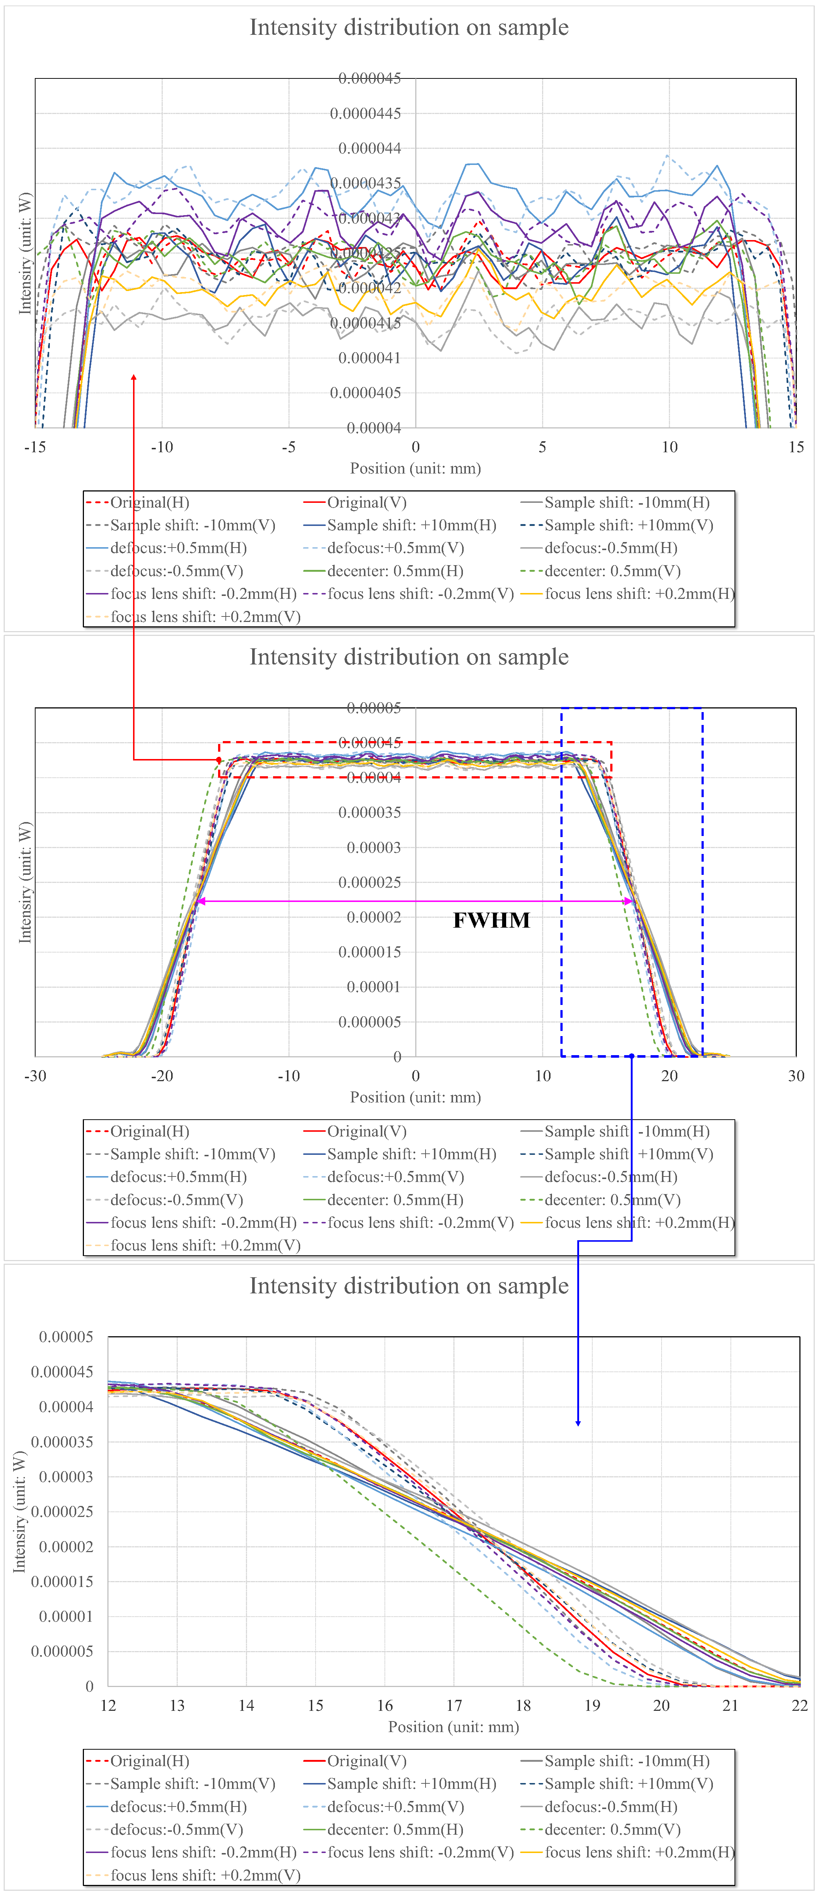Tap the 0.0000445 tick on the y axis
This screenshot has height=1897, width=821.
point(365,113)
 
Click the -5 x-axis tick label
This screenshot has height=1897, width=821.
point(289,447)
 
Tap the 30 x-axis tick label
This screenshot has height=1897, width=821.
point(796,1076)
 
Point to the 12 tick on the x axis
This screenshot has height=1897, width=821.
point(108,1706)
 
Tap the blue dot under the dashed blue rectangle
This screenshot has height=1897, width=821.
point(632,1056)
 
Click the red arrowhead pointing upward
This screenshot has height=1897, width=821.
point(133,378)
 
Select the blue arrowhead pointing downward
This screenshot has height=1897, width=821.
point(578,1423)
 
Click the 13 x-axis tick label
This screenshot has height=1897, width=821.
point(177,1706)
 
